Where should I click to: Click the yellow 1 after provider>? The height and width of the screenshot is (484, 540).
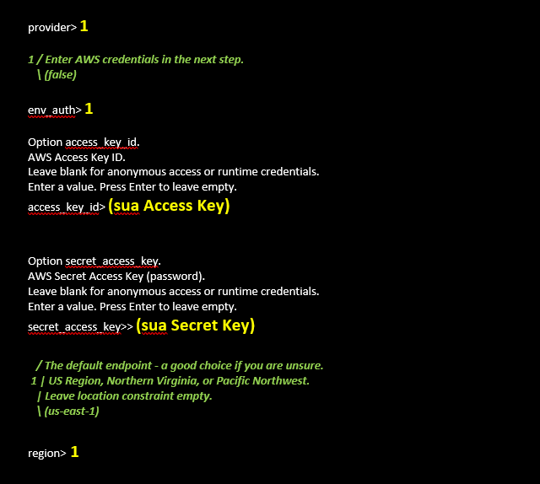point(84,26)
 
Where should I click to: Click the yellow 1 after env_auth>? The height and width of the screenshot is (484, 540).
point(89,109)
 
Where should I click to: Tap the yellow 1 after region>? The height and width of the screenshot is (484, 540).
point(75,452)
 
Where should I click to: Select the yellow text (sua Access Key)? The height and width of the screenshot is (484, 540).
point(169,206)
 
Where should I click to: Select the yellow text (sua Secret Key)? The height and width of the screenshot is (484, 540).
point(195,325)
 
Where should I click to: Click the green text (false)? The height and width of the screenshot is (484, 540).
point(60,75)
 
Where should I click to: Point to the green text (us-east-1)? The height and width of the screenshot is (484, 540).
point(72,411)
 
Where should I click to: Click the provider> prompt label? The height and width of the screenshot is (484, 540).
point(52,28)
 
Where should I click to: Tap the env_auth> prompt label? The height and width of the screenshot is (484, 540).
point(55,110)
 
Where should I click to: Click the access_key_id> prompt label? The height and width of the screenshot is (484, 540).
point(67,207)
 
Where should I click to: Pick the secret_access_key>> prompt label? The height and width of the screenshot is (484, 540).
point(81,326)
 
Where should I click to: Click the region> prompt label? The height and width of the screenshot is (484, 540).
point(47,454)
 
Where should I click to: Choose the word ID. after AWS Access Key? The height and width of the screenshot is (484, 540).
point(118,158)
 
